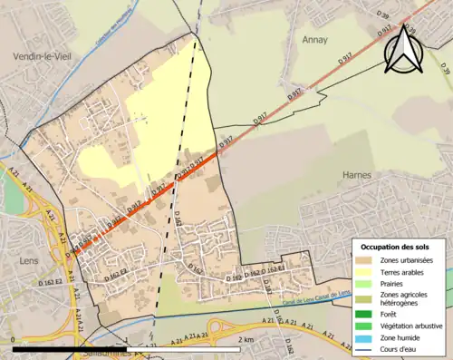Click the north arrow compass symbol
coord(405,49)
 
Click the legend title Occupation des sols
coord(397,247)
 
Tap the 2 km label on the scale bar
coord(246,339)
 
